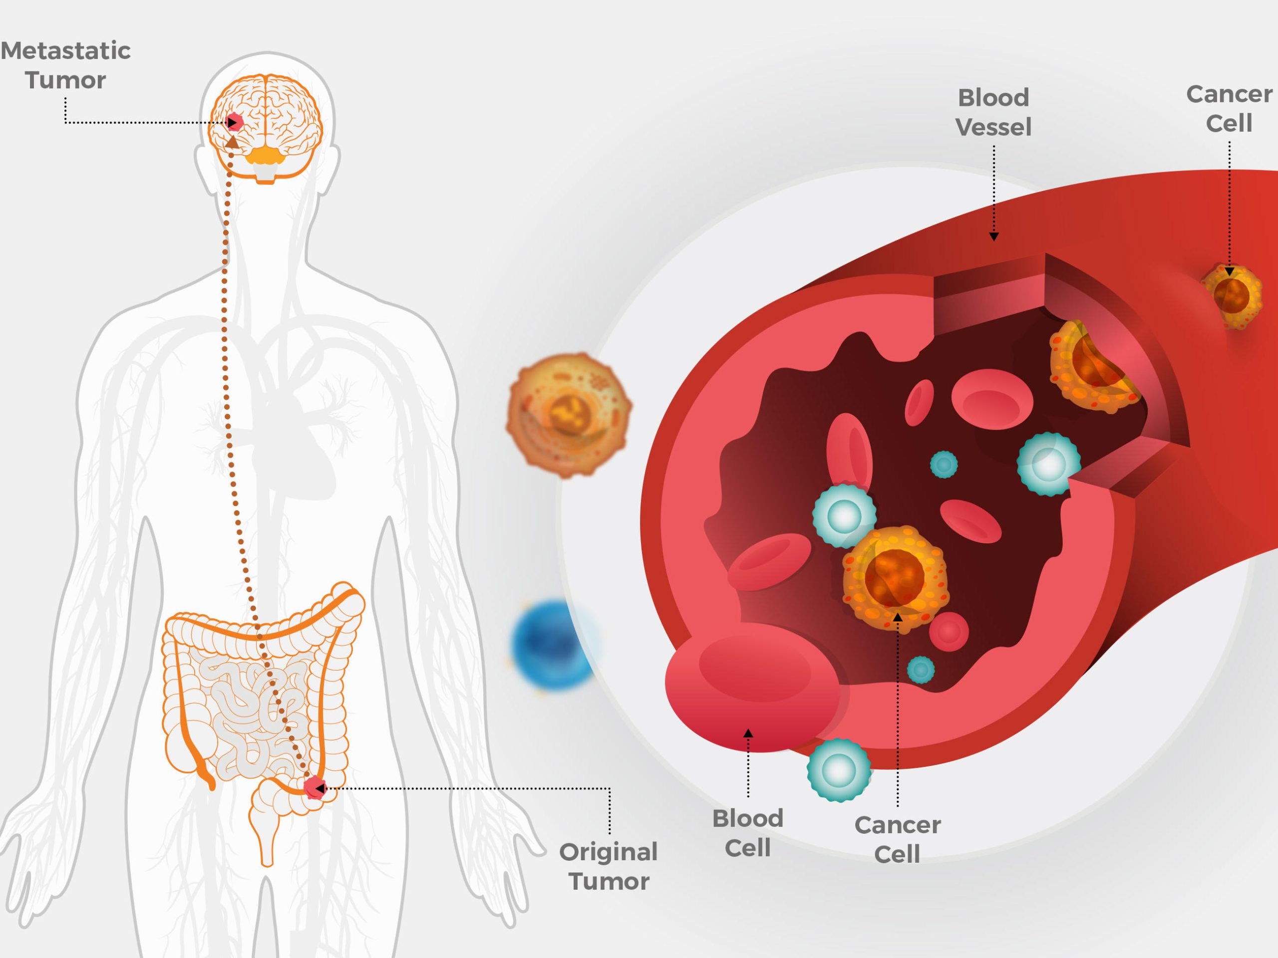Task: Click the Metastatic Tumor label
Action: tap(65, 65)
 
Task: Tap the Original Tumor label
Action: tap(609, 866)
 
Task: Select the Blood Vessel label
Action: tap(993, 112)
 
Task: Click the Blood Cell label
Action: tap(748, 833)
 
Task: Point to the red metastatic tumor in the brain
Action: tap(234, 122)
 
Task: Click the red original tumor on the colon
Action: tap(314, 788)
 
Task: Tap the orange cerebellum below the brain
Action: tap(266, 155)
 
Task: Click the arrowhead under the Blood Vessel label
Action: tap(994, 236)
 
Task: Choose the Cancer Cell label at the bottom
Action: tap(897, 839)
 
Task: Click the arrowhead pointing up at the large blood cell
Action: tap(748, 734)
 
